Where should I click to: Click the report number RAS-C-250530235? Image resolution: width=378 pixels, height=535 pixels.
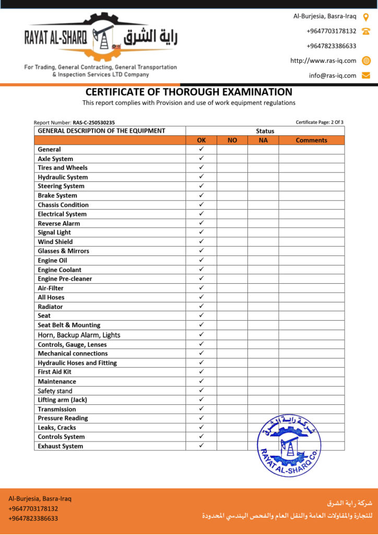click(93, 122)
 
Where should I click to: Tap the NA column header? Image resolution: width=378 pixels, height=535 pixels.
click(263, 140)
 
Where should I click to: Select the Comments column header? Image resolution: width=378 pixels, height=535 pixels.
click(311, 140)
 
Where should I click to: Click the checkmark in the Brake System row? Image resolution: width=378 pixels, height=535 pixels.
click(201, 195)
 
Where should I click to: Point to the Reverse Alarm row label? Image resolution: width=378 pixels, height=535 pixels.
click(59, 223)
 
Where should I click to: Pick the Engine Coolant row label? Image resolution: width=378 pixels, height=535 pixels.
click(60, 270)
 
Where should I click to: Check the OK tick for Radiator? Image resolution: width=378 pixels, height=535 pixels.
click(201, 306)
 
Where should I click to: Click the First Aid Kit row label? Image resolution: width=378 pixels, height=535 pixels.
click(54, 372)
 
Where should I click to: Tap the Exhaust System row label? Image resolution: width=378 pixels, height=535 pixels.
click(61, 446)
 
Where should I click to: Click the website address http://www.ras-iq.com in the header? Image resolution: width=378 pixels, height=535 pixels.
click(323, 61)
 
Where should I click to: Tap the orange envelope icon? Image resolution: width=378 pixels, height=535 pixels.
click(366, 75)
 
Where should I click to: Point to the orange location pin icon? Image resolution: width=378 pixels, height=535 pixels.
click(366, 17)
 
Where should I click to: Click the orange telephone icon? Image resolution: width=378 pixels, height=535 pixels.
click(366, 31)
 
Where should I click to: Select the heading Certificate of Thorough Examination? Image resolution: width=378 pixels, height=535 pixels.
click(189, 92)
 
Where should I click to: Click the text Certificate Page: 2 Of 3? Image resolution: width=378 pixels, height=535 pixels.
click(320, 122)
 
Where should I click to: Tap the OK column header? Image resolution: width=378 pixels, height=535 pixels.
click(201, 140)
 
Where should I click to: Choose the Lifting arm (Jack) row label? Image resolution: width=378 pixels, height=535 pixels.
click(62, 400)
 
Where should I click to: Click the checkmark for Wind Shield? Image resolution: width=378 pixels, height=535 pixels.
click(201, 241)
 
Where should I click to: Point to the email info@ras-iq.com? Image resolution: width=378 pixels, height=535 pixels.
click(333, 75)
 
